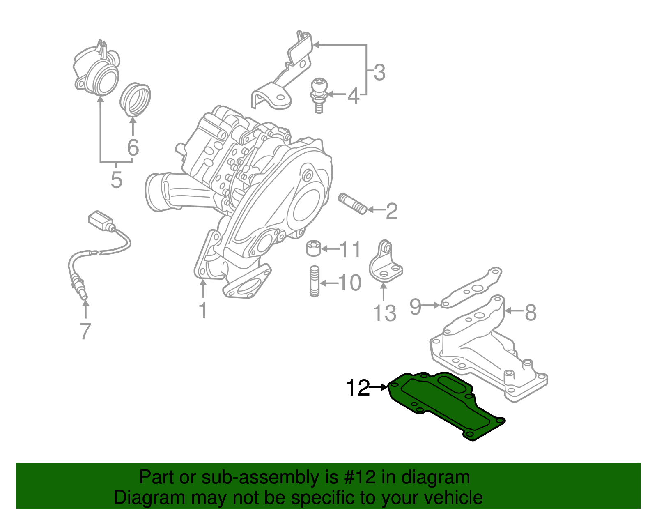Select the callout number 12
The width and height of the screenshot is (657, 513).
(358, 388)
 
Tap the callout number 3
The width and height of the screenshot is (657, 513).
(379, 72)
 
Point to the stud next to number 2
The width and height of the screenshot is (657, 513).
(352, 204)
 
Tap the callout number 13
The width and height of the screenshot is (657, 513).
(384, 313)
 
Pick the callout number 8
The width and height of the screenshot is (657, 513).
(531, 312)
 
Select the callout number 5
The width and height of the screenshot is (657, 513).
(116, 180)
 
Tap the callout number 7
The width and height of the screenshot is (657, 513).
(85, 331)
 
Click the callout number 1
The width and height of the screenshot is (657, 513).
(203, 311)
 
